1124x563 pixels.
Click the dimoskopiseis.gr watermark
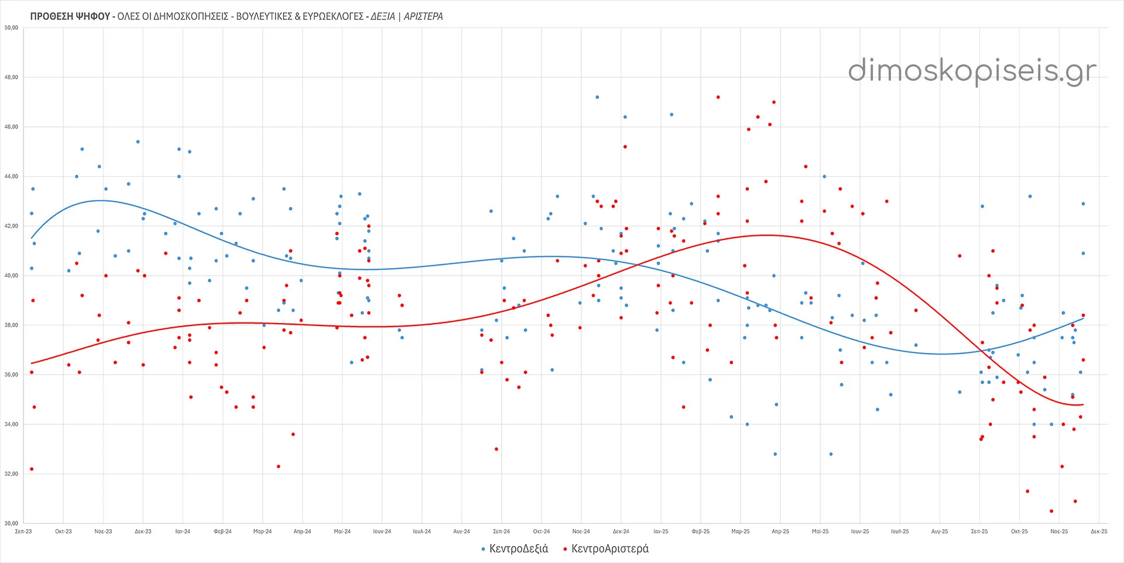pyautogui.click(x=972, y=71)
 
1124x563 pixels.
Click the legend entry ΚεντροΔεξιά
pyautogui.click(x=518, y=549)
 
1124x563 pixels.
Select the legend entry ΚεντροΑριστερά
pyautogui.click(x=609, y=549)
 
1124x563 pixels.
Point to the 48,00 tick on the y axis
pyautogui.click(x=11, y=77)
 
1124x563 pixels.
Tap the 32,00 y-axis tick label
pyautogui.click(x=11, y=473)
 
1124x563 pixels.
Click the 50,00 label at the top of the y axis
pyautogui.click(x=11, y=28)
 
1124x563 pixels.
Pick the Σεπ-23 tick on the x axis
pyautogui.click(x=23, y=531)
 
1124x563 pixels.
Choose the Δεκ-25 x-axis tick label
pyautogui.click(x=1099, y=531)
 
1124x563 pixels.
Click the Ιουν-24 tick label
pyautogui.click(x=382, y=531)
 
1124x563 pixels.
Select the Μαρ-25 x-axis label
pyautogui.click(x=740, y=531)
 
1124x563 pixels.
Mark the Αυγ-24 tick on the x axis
pyautogui.click(x=461, y=531)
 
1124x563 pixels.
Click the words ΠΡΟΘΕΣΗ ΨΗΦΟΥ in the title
pyautogui.click(x=70, y=16)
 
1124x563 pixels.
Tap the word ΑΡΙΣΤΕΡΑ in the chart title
pyautogui.click(x=423, y=16)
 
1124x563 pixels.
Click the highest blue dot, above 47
pyautogui.click(x=597, y=97)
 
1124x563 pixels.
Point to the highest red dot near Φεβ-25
pyautogui.click(x=718, y=97)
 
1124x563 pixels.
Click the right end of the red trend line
pyautogui.click(x=1083, y=404)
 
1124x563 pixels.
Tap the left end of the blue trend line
pyautogui.click(x=32, y=238)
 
